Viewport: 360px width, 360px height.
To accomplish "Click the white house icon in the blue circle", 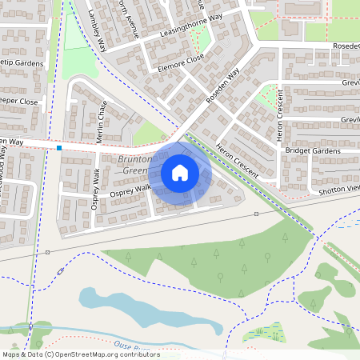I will [180, 173].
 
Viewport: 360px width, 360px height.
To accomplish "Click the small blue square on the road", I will [59, 147].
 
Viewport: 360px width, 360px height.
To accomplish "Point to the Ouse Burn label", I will [130, 345].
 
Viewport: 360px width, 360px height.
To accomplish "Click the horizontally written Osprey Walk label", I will [130, 190].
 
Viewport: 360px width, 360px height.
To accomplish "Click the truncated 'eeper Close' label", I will [18, 102].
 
